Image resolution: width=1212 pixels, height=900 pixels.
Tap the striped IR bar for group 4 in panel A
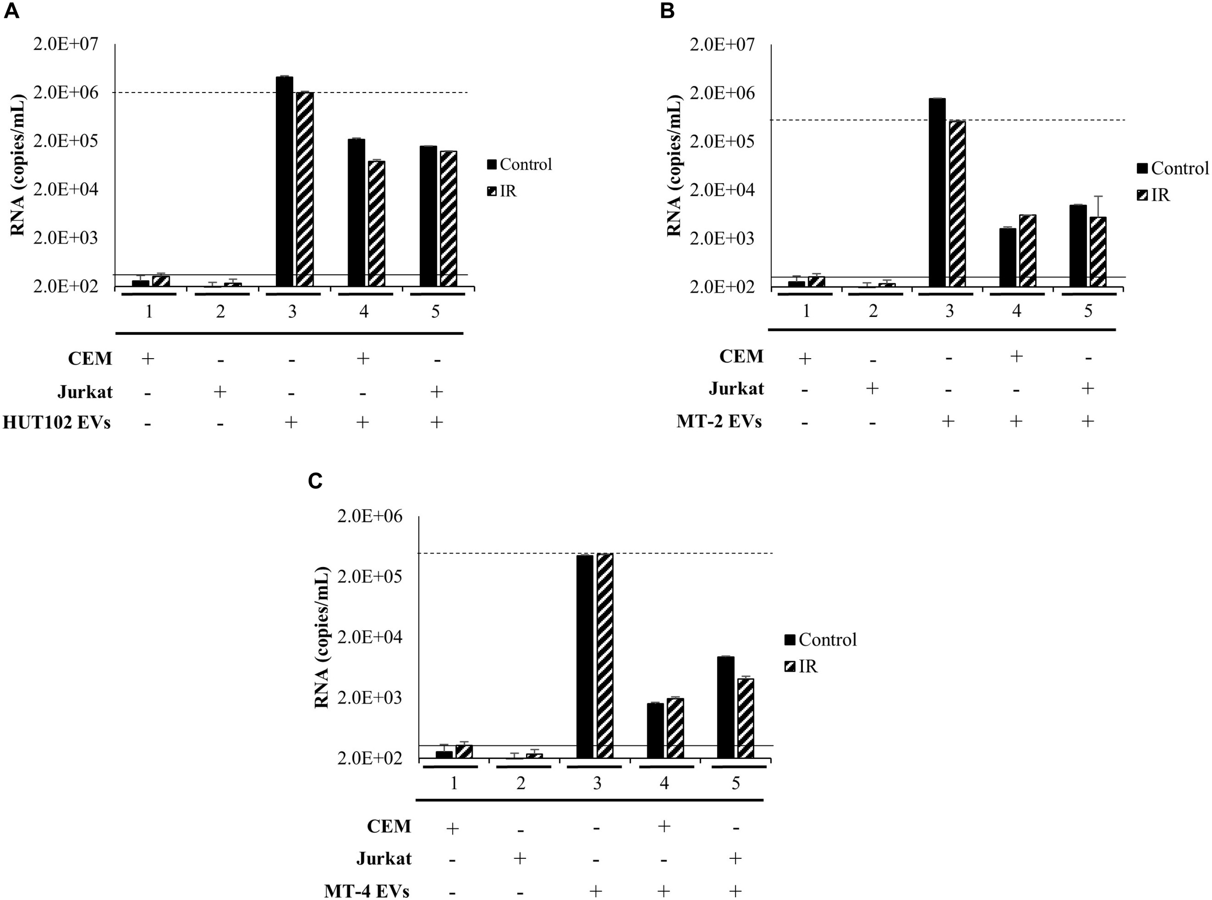377,223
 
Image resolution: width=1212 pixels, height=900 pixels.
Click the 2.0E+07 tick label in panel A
66,44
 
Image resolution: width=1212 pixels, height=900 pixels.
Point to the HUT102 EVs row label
57,422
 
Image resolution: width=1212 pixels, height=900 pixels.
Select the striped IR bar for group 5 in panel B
1098,252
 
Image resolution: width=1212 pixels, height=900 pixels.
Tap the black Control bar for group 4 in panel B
1007,257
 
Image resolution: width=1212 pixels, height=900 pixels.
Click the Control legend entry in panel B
1172,168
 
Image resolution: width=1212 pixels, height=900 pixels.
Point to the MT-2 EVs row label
719,421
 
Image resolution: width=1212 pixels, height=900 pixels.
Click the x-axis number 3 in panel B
949,311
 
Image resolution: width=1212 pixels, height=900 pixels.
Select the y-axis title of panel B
675,166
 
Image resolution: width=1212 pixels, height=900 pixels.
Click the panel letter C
316,481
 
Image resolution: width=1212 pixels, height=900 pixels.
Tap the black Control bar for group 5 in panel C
726,707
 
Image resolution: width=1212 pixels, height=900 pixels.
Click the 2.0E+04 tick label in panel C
369,637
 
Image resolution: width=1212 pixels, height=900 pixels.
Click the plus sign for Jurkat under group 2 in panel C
520,859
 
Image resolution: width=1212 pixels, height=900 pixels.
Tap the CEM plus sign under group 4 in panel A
363,358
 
